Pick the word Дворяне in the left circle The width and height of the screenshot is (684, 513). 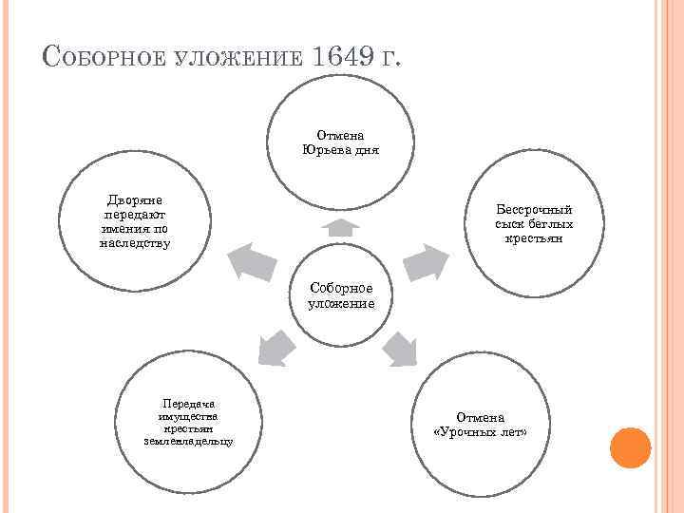click(134, 200)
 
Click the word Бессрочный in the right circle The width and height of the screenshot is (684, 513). click(534, 209)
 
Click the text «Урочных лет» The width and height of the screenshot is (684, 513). click(480, 431)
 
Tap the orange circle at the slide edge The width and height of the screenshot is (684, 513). click(630, 447)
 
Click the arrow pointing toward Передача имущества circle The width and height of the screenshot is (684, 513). click(275, 347)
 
